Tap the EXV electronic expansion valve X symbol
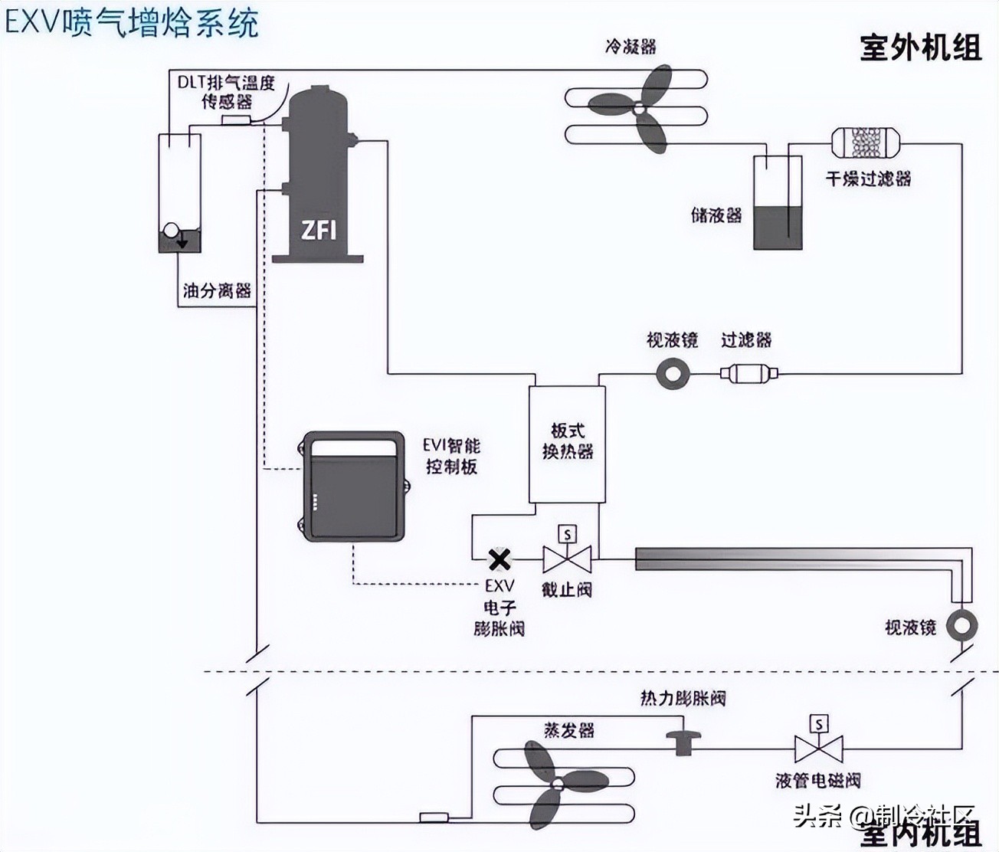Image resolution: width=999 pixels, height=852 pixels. point(499,560)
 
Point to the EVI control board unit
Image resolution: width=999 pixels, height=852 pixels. point(352,487)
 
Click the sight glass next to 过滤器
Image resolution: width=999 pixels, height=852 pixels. point(673,374)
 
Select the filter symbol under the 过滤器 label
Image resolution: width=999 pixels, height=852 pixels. point(748,374)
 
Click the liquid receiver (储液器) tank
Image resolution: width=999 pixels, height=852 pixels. point(778,204)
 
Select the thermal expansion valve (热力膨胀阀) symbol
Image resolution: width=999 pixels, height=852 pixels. point(683,741)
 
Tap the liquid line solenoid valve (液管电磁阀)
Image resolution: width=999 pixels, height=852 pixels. point(819,743)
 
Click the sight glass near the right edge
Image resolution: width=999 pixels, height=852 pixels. point(961,625)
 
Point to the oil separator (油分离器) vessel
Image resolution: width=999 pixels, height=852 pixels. point(179,193)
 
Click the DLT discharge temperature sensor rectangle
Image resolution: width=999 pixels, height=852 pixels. point(236,120)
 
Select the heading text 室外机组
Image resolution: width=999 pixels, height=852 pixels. point(920,48)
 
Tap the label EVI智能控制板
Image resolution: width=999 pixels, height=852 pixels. point(452,456)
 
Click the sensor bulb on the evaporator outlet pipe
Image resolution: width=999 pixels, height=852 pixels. point(434,817)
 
